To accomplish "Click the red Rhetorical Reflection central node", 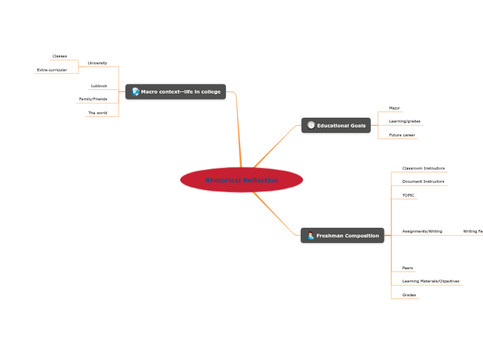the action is (x=241, y=180).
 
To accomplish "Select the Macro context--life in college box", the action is (x=175, y=91).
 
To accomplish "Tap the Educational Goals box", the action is (x=336, y=125).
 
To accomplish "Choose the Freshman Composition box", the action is (x=342, y=235).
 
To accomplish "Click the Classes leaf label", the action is (x=60, y=56).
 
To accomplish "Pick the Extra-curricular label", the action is (x=52, y=70).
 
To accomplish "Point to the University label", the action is (x=97, y=63).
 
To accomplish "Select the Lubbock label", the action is (x=99, y=86).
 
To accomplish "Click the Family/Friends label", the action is (x=93, y=99).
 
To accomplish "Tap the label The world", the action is (x=98, y=113).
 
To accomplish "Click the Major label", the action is (x=394, y=108).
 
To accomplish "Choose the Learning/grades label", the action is (x=405, y=121).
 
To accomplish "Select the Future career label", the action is (x=402, y=135).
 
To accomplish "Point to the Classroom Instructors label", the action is (x=423, y=168).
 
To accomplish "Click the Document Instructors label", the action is (x=423, y=181).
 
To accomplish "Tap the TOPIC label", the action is (x=408, y=195).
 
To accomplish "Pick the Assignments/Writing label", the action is (x=422, y=231).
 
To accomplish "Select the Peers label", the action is (x=407, y=268).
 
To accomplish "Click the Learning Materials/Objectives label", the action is (x=430, y=281).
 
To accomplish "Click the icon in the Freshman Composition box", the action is (x=310, y=235).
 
